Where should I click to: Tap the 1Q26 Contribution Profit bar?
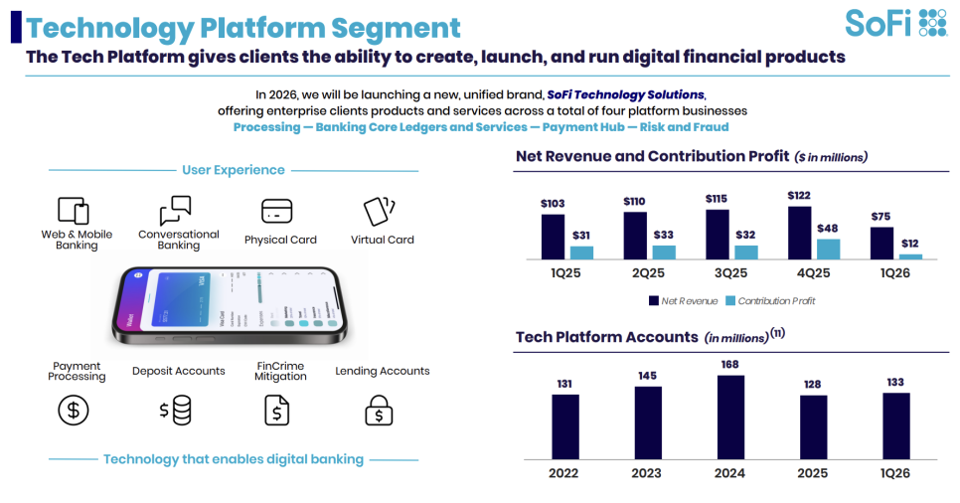coord(910,256)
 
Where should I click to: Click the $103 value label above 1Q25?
coord(553,204)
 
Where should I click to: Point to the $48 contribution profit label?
coord(827,228)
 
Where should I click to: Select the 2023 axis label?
coord(647,473)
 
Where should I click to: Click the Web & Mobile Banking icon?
coord(75,211)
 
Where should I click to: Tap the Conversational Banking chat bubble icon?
coord(175,211)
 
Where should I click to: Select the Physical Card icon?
coord(276,211)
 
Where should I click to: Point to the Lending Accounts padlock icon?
coord(379,409)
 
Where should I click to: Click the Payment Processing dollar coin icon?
coord(74,409)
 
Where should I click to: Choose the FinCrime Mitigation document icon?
coord(276,409)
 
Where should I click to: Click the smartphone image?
coord(230,304)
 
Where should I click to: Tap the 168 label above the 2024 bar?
coord(730,364)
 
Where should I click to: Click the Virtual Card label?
coord(382,240)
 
